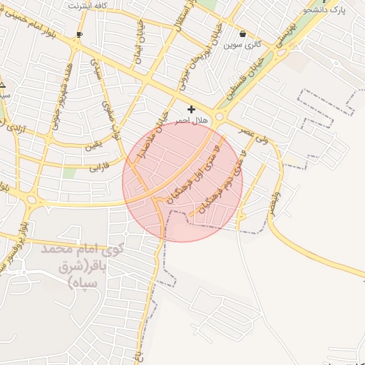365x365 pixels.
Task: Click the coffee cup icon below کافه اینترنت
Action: (x=79, y=34)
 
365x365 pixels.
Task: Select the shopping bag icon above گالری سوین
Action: (x=243, y=34)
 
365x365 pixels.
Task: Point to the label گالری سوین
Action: (x=243, y=45)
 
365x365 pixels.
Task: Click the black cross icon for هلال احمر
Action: (x=190, y=109)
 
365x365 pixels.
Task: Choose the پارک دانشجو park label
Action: (x=325, y=10)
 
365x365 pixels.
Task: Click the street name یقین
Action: (x=93, y=146)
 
